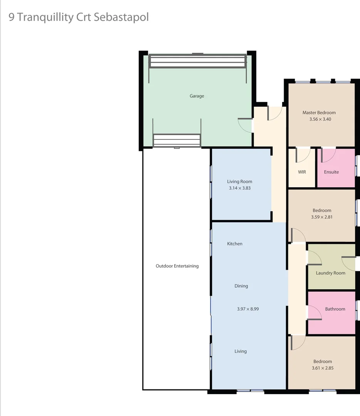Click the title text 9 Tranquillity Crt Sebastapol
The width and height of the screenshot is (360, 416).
click(79, 17)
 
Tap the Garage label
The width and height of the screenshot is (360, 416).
click(197, 96)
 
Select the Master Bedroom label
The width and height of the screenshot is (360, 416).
click(319, 112)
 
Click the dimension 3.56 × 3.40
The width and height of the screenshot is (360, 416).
click(320, 119)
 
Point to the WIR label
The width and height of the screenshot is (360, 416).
click(302, 172)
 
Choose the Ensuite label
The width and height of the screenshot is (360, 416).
click(331, 172)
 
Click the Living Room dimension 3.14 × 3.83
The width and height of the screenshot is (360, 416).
click(239, 188)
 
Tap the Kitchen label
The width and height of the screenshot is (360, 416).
click(234, 244)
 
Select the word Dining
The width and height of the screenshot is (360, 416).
click(241, 286)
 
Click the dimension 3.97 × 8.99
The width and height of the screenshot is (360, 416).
click(248, 309)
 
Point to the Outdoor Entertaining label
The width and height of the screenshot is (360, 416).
click(177, 266)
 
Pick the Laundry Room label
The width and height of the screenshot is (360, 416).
click(330, 273)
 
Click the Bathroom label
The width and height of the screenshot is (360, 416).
click(335, 309)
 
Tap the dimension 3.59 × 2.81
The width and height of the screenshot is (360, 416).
click(322, 217)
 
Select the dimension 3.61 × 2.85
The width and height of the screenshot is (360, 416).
click(323, 368)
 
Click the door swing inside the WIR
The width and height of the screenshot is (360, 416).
click(303, 155)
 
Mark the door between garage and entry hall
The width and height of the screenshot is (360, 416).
click(245, 125)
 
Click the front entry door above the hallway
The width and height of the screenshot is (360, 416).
click(275, 113)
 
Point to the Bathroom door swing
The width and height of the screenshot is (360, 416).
click(314, 313)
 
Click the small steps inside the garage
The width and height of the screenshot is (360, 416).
click(177, 140)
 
